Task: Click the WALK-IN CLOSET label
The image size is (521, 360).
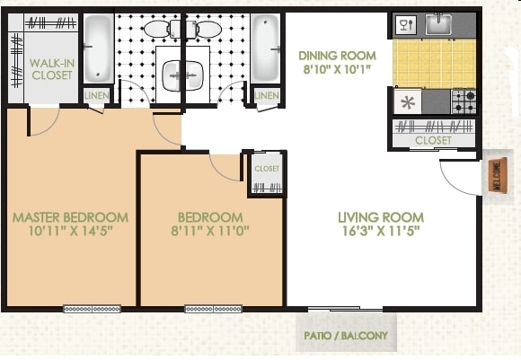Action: tap(50, 69)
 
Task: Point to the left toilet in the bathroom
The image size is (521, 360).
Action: tap(162, 30)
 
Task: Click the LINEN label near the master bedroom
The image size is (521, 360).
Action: tap(98, 95)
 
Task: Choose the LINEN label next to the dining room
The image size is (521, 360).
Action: tap(266, 95)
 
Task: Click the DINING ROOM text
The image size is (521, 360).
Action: tap(337, 54)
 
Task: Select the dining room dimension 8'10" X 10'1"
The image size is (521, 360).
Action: tap(337, 67)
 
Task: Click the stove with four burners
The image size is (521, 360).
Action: tap(464, 101)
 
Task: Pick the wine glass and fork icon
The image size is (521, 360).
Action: tap(405, 25)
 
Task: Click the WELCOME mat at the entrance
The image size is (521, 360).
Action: tap(495, 176)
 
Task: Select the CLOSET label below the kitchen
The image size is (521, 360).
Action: tap(433, 141)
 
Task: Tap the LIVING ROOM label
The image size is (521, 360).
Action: tap(381, 216)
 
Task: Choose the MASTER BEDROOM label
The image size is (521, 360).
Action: tap(70, 216)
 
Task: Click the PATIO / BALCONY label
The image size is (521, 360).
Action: tap(345, 338)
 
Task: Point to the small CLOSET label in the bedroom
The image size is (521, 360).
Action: tap(267, 168)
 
